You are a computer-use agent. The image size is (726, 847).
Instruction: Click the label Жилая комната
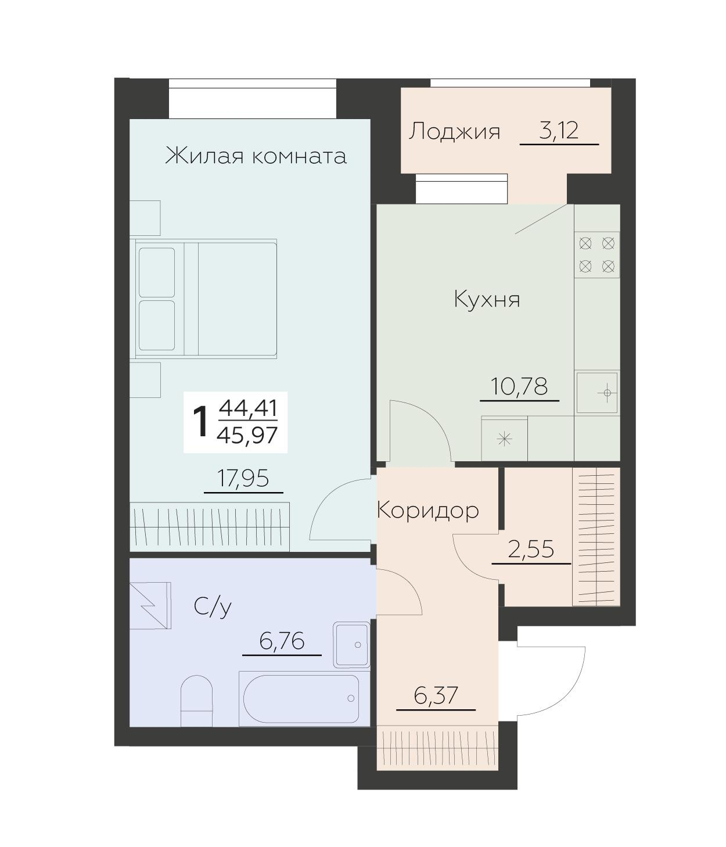pyautogui.click(x=256, y=156)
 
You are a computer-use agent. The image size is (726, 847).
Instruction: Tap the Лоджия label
pyautogui.click(x=454, y=132)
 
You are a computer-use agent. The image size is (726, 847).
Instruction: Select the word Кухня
pyautogui.click(x=487, y=299)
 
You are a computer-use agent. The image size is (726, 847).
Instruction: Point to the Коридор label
pyautogui.click(x=427, y=511)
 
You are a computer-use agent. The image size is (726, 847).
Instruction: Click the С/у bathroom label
pyautogui.click(x=213, y=607)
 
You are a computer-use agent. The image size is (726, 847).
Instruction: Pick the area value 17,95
pyautogui.click(x=243, y=478)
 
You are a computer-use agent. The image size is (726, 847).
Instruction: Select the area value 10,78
pyautogui.click(x=519, y=386)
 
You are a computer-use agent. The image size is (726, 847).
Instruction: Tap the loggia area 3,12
pyautogui.click(x=558, y=130)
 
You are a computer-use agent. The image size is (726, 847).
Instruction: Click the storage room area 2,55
pyautogui.click(x=531, y=550)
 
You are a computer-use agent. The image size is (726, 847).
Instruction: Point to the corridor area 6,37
pyautogui.click(x=436, y=696)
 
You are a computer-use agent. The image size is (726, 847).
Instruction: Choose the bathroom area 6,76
pyautogui.click(x=282, y=641)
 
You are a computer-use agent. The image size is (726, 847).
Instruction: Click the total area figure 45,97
pyautogui.click(x=247, y=435)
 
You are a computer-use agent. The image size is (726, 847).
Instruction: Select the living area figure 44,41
pyautogui.click(x=248, y=408)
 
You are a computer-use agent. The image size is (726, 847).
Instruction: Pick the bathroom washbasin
pyautogui.click(x=351, y=645)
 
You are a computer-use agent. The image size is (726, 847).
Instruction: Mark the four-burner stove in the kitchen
pyautogui.click(x=596, y=255)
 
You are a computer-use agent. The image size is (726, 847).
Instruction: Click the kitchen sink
pyautogui.click(x=597, y=393)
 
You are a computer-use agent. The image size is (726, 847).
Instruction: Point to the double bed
pyautogui.click(x=206, y=299)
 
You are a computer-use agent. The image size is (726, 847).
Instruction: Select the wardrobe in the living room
pyautogui.click(x=209, y=526)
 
